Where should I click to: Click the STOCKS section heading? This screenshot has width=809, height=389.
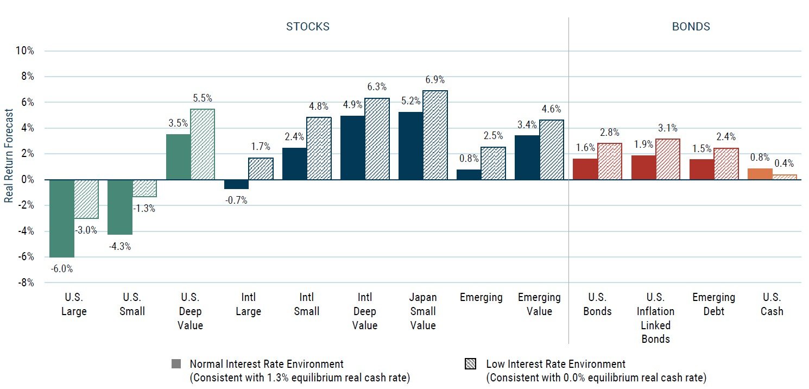pos(308,27)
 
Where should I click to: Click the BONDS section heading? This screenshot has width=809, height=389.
pos(691,27)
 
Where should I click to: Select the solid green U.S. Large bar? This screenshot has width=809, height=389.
pos(62,218)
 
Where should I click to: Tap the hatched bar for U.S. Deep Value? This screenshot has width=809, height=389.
pos(203,145)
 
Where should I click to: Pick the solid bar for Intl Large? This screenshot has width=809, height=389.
pos(236,184)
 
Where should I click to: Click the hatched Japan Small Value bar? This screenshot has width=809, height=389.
pos(435,135)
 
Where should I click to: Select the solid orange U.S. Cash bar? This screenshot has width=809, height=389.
pos(760,174)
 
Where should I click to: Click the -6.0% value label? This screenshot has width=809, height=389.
pos(62,268)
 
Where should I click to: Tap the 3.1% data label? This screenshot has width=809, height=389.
pos(668,129)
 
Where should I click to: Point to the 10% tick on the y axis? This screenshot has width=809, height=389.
pos(25,51)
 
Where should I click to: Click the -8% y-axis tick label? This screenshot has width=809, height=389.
pos(26,283)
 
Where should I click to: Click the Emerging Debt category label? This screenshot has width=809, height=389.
pos(713,304)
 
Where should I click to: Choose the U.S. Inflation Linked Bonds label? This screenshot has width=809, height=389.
pos(655,318)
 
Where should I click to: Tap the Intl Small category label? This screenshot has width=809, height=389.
pos(306,304)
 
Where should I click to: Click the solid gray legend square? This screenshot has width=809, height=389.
pos(175,364)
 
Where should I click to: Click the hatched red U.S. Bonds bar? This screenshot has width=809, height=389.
pos(610,161)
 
